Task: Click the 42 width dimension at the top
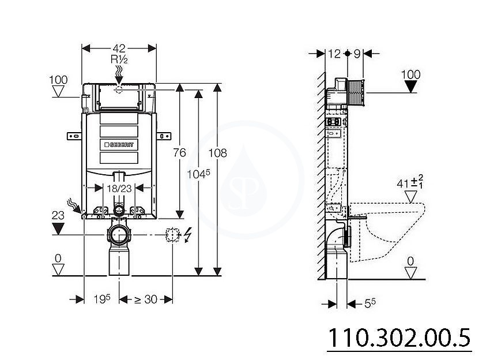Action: [119, 48]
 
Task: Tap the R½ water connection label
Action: [119, 59]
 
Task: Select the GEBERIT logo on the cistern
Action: [119, 144]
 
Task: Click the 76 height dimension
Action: [180, 153]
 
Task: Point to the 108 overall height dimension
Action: [217, 153]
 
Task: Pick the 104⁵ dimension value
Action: [198, 174]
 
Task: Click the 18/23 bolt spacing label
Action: [119, 189]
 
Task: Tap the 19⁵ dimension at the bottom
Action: [102, 299]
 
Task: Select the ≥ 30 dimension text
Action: [146, 299]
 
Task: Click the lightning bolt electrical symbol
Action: [187, 235]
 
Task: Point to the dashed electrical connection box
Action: [173, 235]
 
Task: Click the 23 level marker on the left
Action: [58, 215]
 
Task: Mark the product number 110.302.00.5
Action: [399, 338]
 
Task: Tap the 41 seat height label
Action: [410, 183]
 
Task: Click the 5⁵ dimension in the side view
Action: [370, 303]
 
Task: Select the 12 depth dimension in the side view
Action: [334, 54]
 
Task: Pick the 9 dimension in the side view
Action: [357, 54]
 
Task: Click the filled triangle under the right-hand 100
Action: [410, 87]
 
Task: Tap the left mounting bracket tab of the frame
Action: [74, 136]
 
